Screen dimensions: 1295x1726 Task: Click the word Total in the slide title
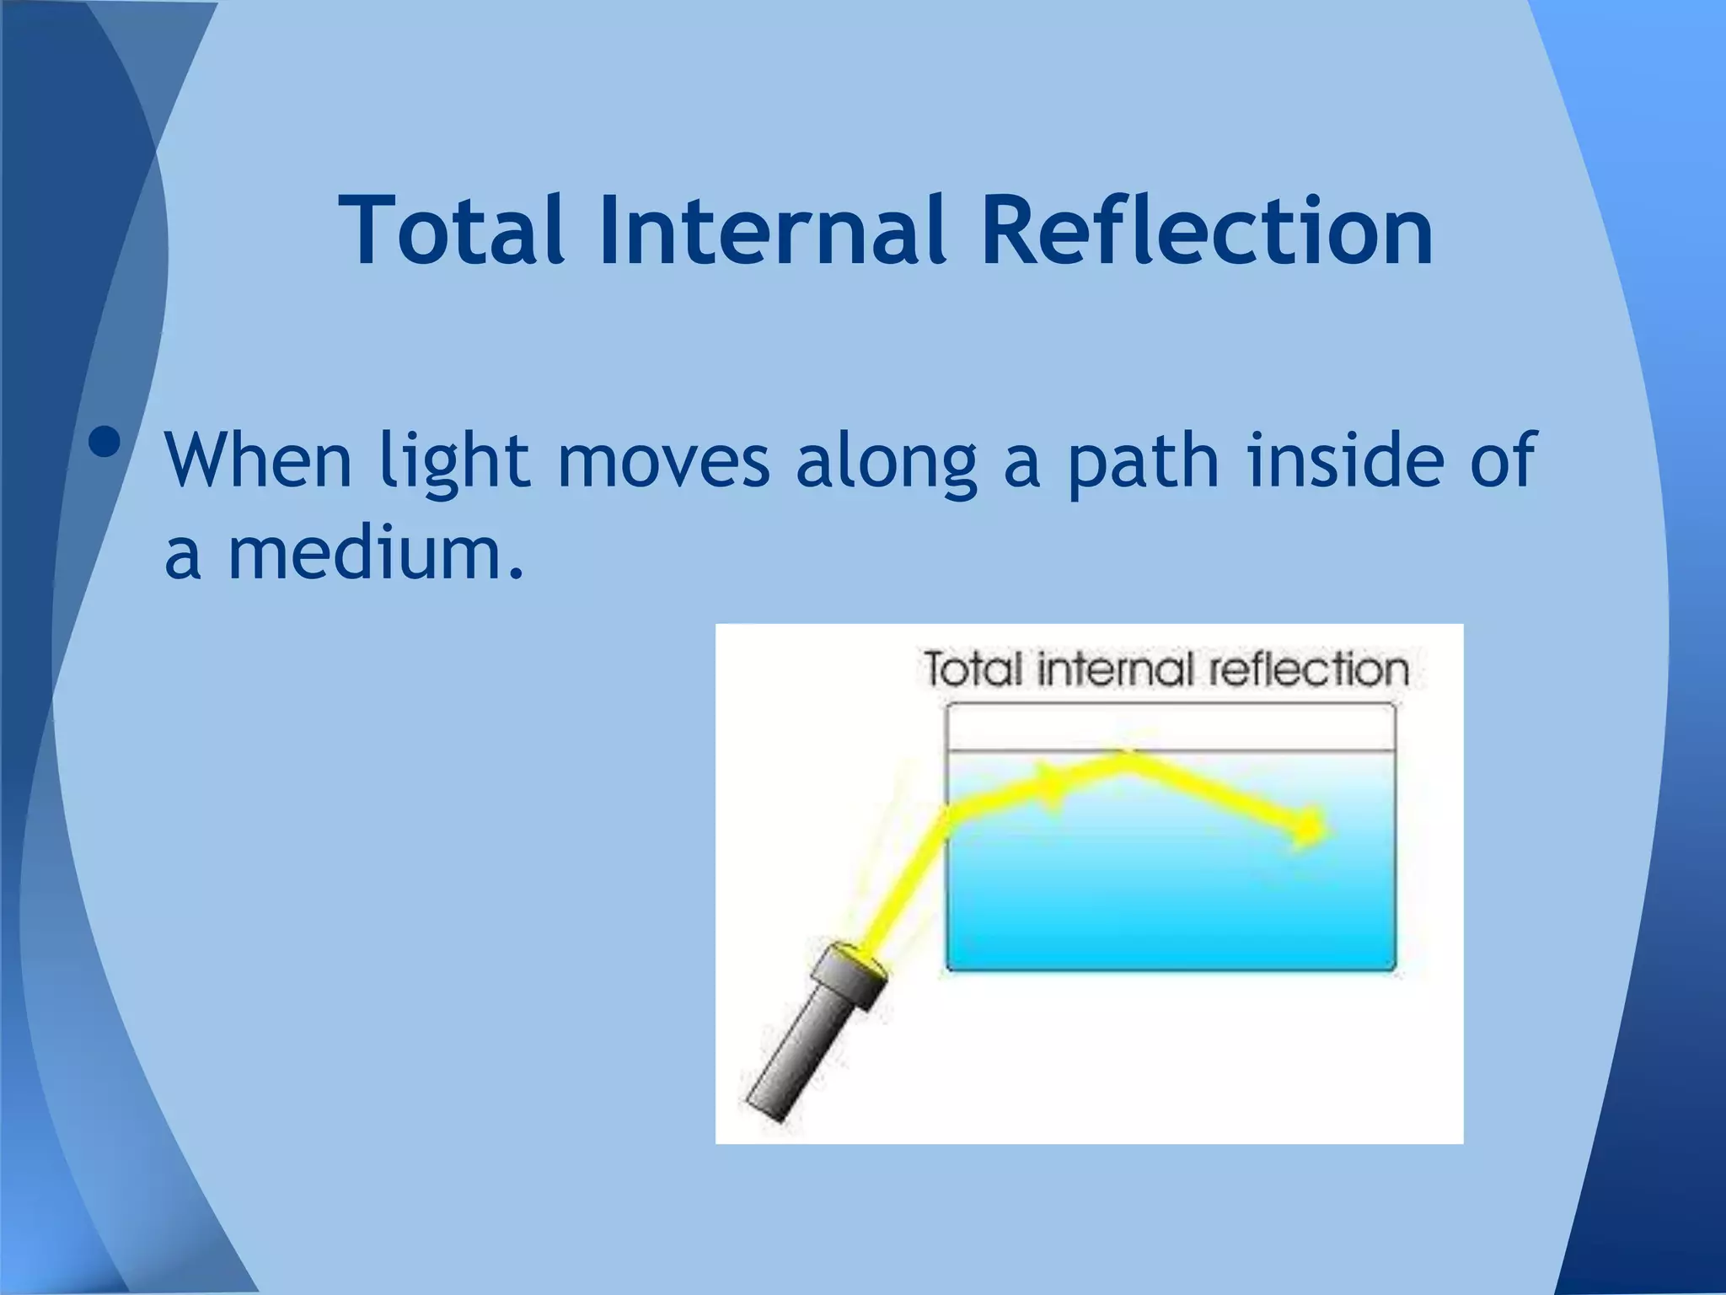(451, 229)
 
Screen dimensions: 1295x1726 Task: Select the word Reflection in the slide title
(1206, 229)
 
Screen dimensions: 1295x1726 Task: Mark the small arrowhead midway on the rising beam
(1049, 786)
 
